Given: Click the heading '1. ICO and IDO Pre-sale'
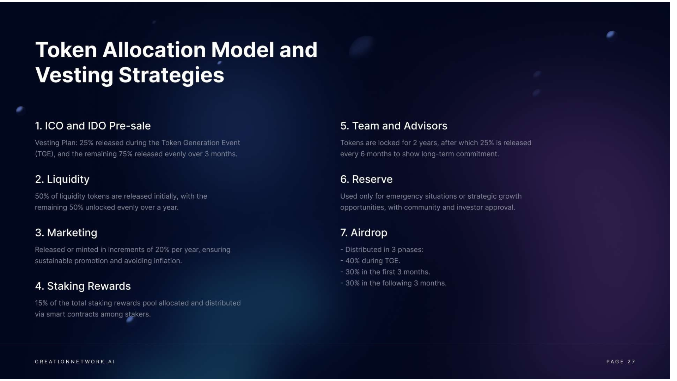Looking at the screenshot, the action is point(93,126).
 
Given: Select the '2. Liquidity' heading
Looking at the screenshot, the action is point(62,180).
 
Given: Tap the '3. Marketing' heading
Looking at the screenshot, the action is point(66,233).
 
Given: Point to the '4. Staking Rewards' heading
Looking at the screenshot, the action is point(83,286).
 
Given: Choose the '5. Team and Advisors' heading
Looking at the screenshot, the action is point(394,126).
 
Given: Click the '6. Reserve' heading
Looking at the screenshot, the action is point(366,179).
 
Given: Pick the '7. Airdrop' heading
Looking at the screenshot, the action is point(364,233).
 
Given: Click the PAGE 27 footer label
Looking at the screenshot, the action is point(621,362).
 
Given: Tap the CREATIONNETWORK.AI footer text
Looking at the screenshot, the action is point(75,362).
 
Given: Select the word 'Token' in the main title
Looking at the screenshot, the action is point(66,50).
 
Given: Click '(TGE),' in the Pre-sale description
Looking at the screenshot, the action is point(45,154).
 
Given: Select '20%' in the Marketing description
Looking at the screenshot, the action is point(162,250).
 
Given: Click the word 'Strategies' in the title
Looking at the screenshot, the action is point(171,75).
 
